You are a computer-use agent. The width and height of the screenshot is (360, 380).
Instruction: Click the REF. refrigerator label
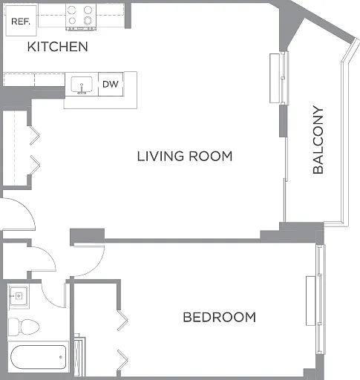click(x=21, y=22)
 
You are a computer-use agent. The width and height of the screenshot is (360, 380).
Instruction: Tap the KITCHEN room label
click(x=58, y=47)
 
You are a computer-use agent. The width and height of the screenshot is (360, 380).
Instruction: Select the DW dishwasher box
click(x=111, y=84)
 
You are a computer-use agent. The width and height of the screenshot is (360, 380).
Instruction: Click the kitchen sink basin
click(x=82, y=85)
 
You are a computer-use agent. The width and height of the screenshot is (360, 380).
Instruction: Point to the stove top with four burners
click(x=81, y=17)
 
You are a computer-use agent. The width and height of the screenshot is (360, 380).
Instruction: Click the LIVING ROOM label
click(x=185, y=157)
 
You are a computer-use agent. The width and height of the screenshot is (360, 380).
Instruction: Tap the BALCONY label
click(x=318, y=140)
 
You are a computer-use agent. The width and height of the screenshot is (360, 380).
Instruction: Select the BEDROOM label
click(x=220, y=317)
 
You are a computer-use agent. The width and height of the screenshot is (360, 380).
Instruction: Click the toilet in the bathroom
click(x=24, y=327)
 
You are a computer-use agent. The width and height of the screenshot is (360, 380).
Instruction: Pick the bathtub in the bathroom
click(x=39, y=357)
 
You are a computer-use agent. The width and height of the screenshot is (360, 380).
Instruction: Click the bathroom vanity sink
click(x=19, y=296)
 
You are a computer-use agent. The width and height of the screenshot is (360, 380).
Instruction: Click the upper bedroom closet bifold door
click(x=122, y=320)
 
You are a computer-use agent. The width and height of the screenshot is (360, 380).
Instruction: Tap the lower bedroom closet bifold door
click(x=122, y=360)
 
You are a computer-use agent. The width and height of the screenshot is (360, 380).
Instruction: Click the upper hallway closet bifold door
click(x=34, y=136)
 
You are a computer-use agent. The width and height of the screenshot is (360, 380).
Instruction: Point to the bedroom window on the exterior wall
click(x=321, y=299)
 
